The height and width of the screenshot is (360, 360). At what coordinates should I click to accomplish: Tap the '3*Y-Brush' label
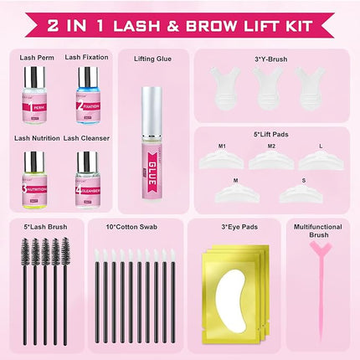270,59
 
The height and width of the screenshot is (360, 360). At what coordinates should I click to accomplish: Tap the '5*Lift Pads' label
270,131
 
